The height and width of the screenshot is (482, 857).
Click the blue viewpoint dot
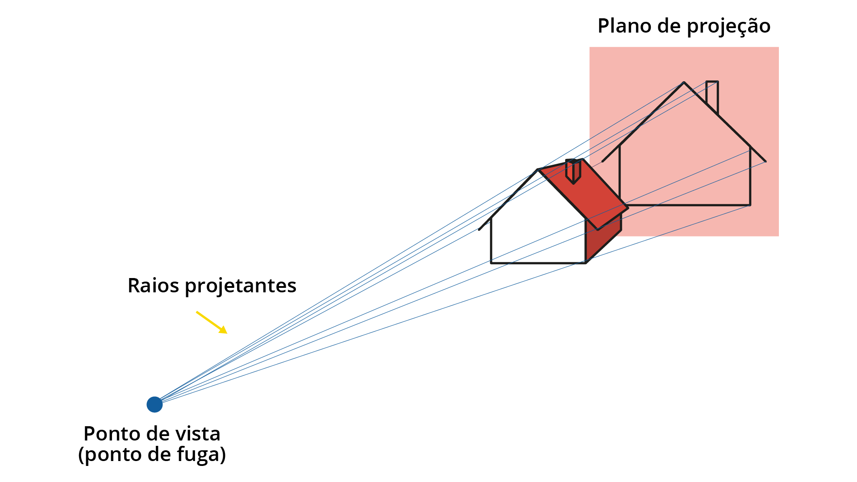[154, 404]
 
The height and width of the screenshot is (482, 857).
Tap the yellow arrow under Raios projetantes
[212, 322]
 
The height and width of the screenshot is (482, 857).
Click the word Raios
[154, 286]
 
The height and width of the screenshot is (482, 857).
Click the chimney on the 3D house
[573, 170]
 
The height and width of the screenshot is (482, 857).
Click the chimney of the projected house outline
[712, 97]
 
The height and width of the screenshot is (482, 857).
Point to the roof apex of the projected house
[684, 82]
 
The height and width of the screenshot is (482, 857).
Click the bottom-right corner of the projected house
[750, 205]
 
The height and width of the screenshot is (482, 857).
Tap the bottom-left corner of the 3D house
[491, 263]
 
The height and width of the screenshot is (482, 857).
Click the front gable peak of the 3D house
[538, 170]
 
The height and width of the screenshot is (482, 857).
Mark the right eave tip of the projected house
[766, 162]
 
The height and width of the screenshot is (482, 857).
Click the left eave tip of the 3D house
[479, 230]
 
